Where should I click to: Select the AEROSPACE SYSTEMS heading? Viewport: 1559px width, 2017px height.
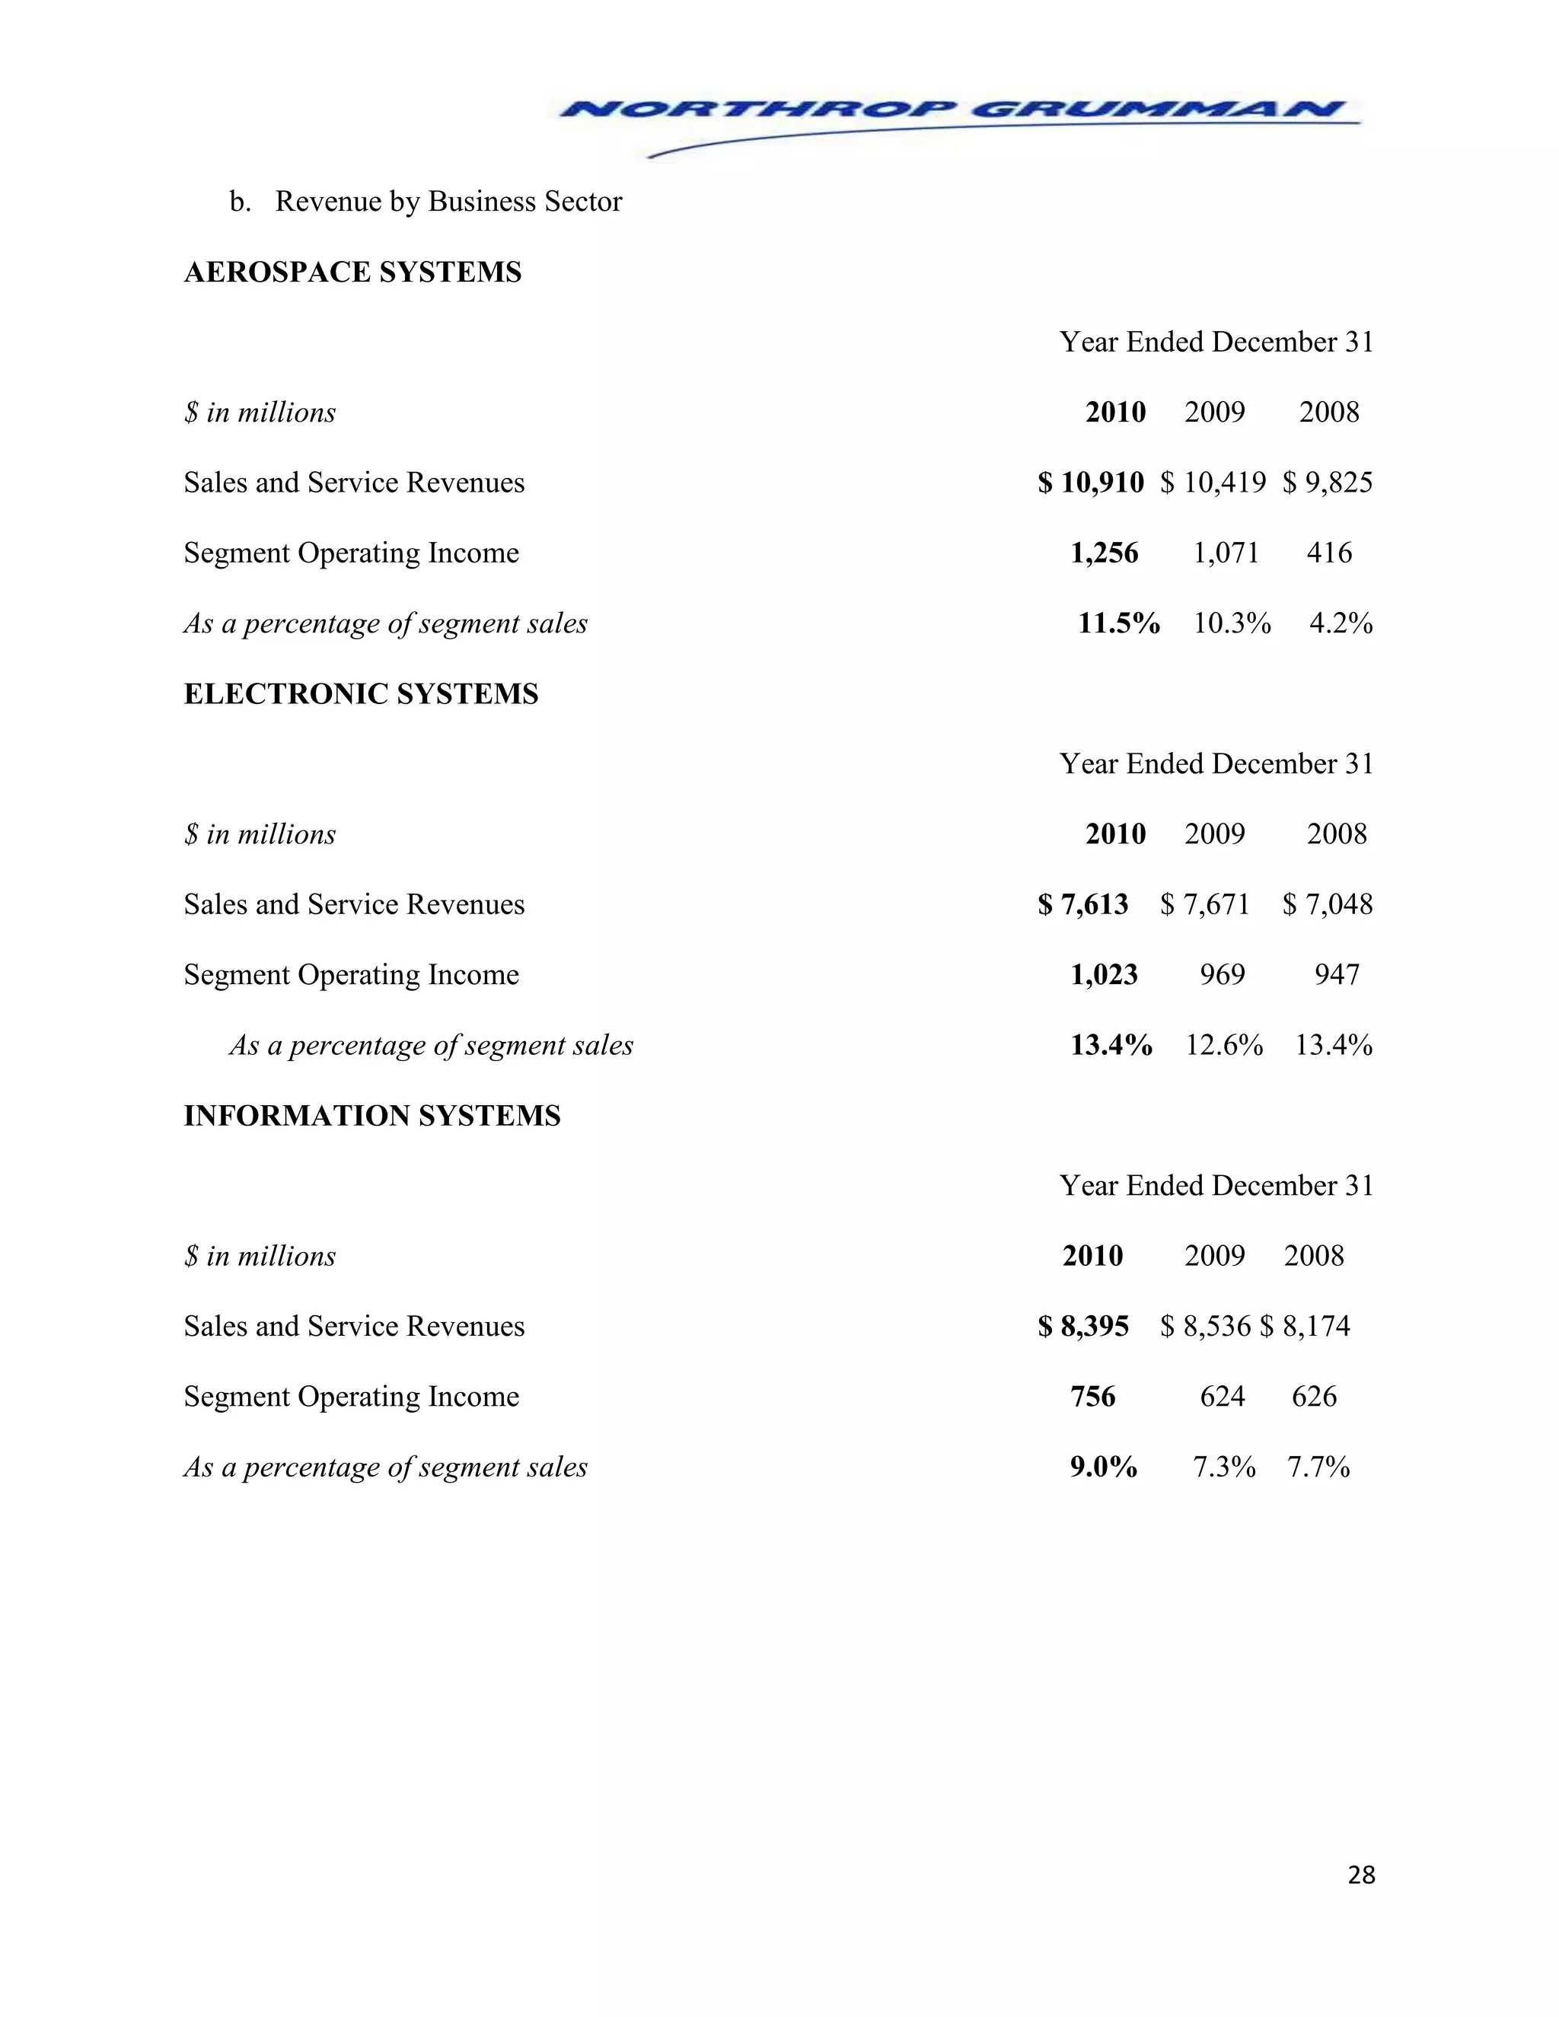coord(352,272)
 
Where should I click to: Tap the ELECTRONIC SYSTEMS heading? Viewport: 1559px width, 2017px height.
coord(361,693)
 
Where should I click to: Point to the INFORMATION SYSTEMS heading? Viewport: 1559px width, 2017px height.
coord(372,1116)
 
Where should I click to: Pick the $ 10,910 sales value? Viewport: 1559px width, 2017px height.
coord(1091,482)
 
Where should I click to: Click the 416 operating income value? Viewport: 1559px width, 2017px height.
coord(1329,553)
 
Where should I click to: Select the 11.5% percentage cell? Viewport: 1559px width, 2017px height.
coord(1118,623)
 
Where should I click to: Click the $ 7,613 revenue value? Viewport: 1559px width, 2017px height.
coord(1082,904)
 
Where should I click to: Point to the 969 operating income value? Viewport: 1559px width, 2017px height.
coord(1222,974)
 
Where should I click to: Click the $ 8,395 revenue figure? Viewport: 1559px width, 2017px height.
coord(1082,1326)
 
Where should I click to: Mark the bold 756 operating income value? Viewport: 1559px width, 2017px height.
coord(1092,1397)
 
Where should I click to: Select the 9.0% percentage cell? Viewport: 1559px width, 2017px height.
coord(1104,1467)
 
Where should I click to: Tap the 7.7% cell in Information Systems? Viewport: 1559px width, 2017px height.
coord(1319,1467)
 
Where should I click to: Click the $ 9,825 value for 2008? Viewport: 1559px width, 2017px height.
coord(1327,482)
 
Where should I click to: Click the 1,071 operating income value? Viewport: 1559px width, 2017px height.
coord(1226,553)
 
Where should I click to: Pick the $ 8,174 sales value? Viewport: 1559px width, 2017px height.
coord(1305,1326)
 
